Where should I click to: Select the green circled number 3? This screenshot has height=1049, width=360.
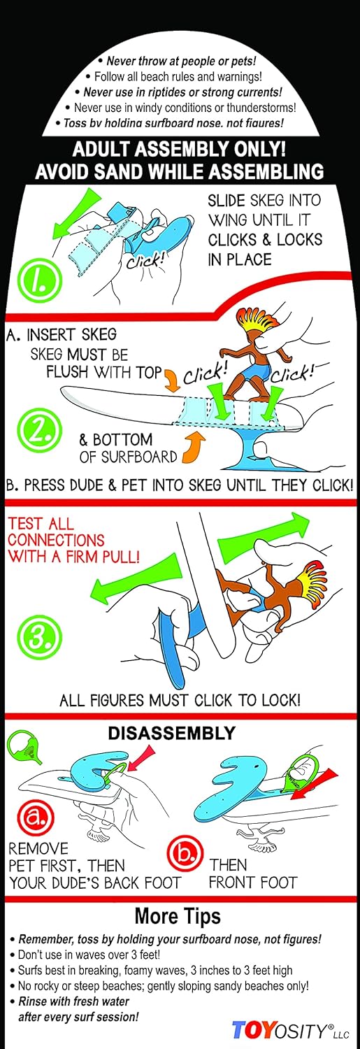[39, 636]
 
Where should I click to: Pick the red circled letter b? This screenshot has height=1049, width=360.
[185, 851]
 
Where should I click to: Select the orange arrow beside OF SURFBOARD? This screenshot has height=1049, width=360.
[193, 449]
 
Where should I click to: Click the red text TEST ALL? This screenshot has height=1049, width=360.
[41, 523]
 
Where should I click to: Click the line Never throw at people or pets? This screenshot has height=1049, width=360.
[177, 61]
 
